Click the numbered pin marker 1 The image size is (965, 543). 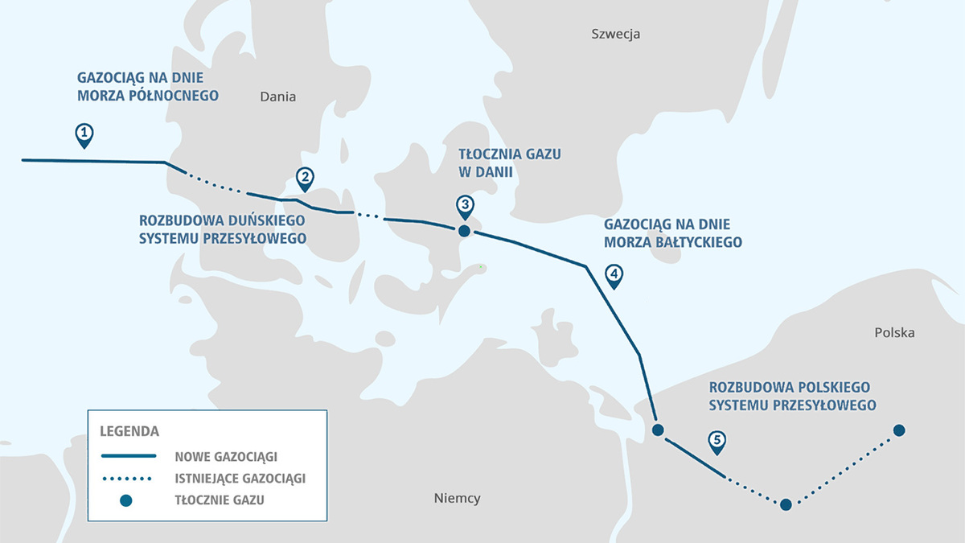point(84,136)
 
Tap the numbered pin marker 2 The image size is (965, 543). point(305,179)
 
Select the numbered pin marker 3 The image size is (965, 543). point(466,207)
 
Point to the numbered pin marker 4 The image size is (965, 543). point(614,277)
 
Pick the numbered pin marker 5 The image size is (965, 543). point(717,442)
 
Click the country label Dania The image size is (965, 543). point(278,97)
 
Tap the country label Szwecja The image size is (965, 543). point(616,34)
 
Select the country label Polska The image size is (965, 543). point(894,333)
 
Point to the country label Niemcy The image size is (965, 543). point(457,498)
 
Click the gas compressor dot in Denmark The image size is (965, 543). point(464,231)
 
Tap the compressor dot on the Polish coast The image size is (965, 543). point(658,430)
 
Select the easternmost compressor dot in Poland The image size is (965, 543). point(899,430)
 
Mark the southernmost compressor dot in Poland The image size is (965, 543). point(786,504)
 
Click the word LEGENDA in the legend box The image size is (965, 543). point(129,431)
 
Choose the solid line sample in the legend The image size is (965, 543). point(129,456)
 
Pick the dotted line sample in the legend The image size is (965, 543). point(127,479)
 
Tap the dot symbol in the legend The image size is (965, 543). point(125,500)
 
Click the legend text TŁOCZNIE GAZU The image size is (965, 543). point(220,500)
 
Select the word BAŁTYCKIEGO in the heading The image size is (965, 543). point(698,243)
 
